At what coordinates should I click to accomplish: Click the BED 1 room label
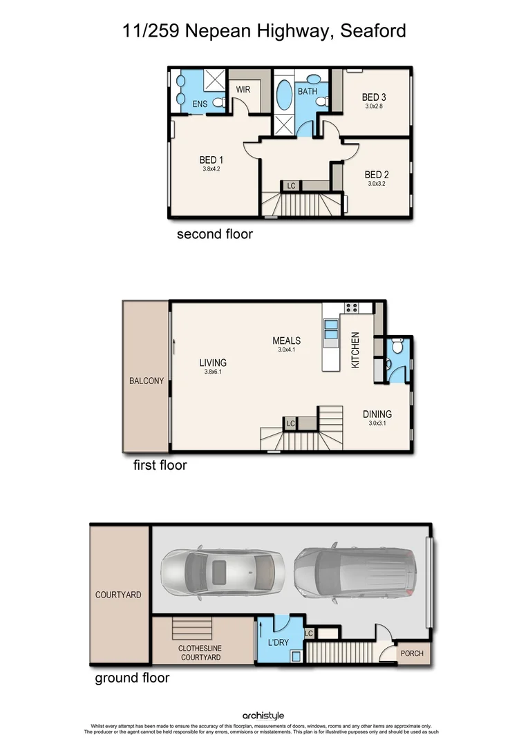(211, 159)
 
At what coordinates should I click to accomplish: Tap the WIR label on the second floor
(243, 90)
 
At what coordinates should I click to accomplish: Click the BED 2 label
(377, 175)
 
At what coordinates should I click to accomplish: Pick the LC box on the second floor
(291, 186)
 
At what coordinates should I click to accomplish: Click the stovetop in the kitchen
(351, 308)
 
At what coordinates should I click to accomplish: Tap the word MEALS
(286, 341)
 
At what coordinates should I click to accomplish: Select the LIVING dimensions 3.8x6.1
(213, 372)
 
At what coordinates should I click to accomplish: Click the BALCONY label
(147, 381)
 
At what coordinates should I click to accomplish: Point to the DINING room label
(377, 414)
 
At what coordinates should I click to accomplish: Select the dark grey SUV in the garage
(355, 571)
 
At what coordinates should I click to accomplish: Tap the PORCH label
(412, 653)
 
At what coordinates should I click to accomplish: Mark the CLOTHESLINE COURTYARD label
(200, 653)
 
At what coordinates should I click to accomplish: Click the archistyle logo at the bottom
(263, 716)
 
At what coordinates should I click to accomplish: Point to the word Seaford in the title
(373, 31)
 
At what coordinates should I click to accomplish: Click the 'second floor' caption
(215, 234)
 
